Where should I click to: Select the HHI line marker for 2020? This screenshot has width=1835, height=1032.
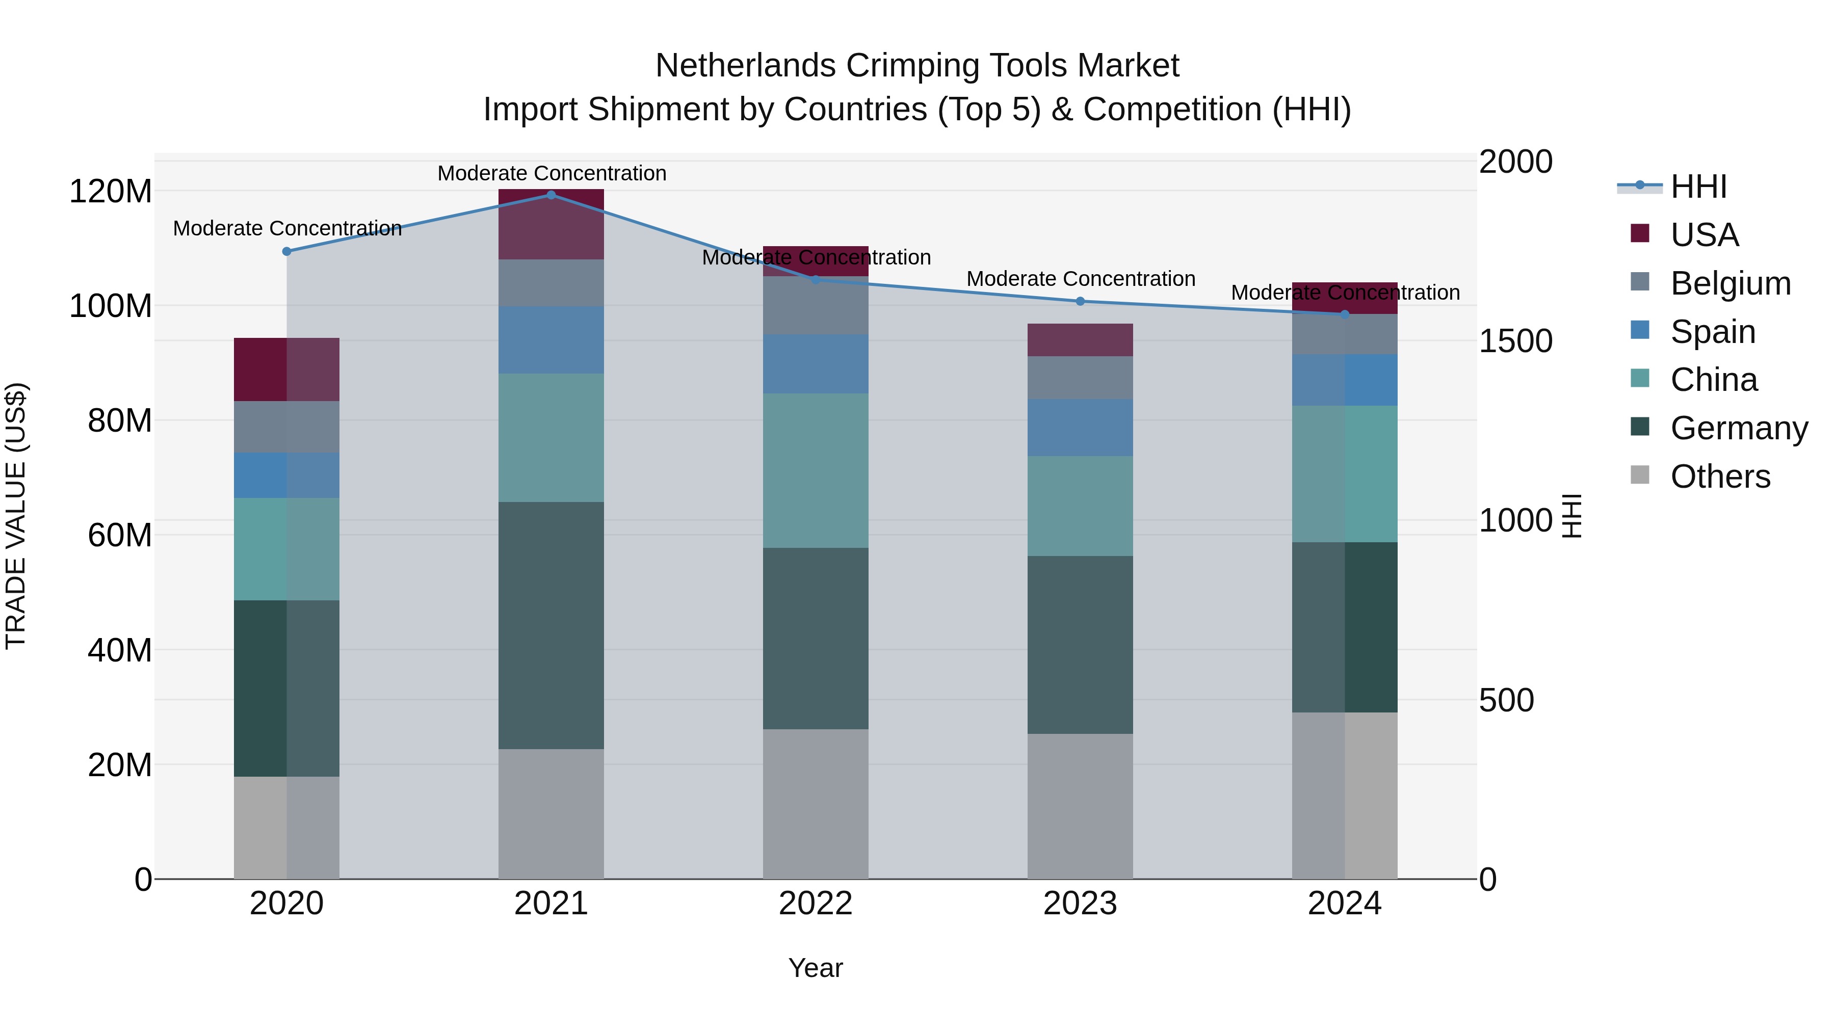286,251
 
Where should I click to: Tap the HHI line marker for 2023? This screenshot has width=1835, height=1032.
1080,301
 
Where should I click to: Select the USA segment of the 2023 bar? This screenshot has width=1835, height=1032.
1080,340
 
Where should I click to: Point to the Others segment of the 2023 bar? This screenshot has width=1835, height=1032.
1080,806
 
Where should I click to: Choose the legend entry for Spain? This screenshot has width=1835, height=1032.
1713,332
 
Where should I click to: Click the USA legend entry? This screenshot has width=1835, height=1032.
1704,235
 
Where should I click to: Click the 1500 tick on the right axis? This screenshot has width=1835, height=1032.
1516,341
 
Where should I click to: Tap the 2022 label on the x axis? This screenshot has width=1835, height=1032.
816,904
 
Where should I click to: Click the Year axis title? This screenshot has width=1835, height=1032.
816,968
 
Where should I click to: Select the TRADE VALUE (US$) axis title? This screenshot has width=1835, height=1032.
16,516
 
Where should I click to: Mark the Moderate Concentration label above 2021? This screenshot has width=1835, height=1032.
552,173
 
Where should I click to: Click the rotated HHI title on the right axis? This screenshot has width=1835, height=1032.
1571,516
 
